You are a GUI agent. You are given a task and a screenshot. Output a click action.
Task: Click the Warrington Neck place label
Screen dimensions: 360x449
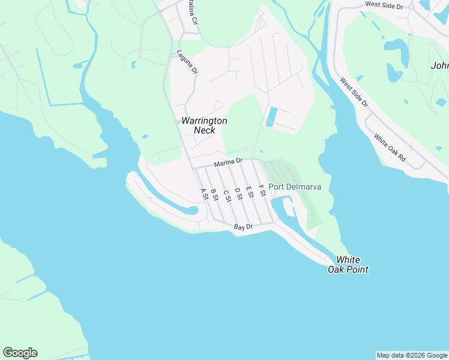pyautogui.click(x=204, y=125)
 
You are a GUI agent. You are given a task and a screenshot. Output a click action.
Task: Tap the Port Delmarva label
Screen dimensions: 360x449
pyautogui.click(x=294, y=187)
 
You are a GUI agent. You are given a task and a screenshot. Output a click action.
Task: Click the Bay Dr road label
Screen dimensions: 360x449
pyautogui.click(x=244, y=227)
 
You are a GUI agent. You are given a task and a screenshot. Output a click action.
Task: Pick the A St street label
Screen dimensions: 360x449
pyautogui.click(x=203, y=194)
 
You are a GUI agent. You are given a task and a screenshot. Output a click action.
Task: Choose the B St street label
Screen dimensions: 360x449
pyautogui.click(x=214, y=194)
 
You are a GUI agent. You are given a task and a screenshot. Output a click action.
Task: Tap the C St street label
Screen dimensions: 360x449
pyautogui.click(x=226, y=196)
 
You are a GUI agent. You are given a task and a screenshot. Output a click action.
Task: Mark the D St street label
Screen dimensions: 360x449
pyautogui.click(x=238, y=193)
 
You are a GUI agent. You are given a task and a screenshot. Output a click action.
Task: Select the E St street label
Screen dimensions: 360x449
pyautogui.click(x=249, y=192)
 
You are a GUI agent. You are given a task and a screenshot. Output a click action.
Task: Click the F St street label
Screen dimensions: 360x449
pyautogui.click(x=261, y=190)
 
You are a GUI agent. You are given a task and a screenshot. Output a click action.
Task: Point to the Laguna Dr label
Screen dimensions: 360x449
pyautogui.click(x=187, y=62)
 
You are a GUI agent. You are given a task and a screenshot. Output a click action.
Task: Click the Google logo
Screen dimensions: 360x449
pyautogui.click(x=20, y=353)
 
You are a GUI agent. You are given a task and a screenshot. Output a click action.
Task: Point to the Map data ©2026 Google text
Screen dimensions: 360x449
pyautogui.click(x=412, y=355)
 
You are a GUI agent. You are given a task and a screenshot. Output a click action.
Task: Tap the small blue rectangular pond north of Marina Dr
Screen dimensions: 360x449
pyautogui.click(x=270, y=116)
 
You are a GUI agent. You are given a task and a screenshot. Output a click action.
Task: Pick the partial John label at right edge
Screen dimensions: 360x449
pyautogui.click(x=439, y=65)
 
